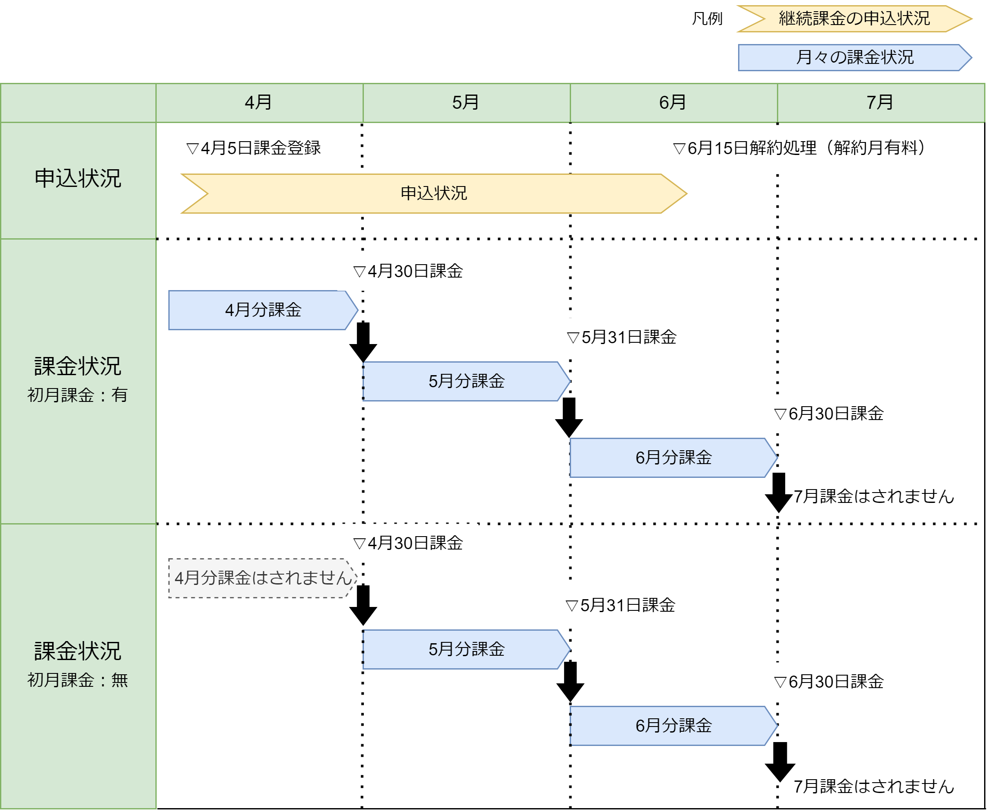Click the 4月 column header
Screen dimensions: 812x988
point(259,103)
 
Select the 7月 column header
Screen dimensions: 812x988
point(880,103)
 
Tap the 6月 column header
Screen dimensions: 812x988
point(673,103)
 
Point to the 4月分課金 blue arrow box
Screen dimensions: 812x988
point(263,310)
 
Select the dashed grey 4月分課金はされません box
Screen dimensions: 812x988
point(263,578)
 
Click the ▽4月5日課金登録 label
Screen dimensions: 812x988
point(253,148)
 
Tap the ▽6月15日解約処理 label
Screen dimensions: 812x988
point(799,148)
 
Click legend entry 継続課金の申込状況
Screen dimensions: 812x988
point(854,19)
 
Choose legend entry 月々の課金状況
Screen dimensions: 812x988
point(854,57)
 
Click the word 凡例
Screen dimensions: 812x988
point(707,19)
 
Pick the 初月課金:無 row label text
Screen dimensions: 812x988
point(78,680)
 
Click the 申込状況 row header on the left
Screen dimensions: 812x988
point(78,179)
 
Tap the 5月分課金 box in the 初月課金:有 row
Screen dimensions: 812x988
point(466,382)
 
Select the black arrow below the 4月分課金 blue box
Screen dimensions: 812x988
point(363,342)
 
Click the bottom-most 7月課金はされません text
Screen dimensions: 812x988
point(874,787)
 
